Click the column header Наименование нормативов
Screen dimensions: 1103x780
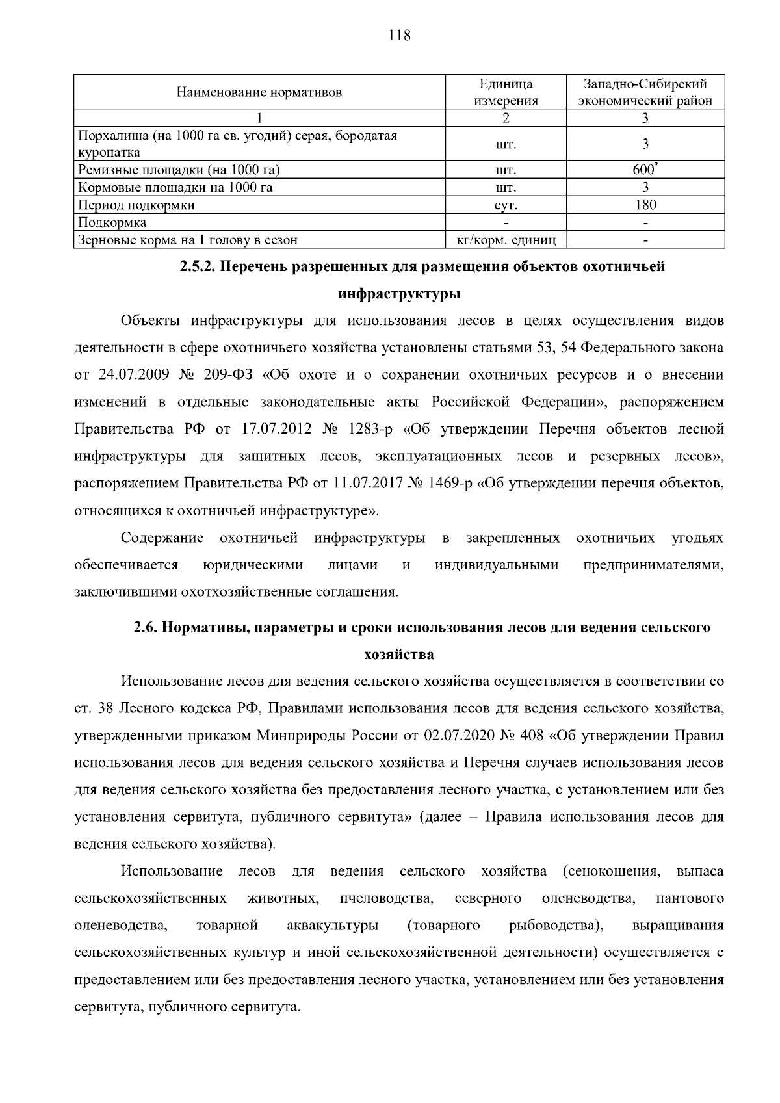click(259, 92)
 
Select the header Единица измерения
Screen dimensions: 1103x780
click(506, 92)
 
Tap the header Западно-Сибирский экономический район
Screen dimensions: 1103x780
click(645, 92)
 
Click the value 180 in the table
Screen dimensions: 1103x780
click(645, 205)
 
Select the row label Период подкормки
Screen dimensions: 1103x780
click(136, 205)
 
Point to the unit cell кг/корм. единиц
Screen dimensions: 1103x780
click(506, 240)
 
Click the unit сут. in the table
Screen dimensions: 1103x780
click(506, 205)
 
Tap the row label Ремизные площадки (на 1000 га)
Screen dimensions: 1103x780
click(178, 170)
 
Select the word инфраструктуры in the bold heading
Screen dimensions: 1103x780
click(399, 294)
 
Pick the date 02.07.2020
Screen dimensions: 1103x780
click(459, 736)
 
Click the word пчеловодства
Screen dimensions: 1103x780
click(386, 898)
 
